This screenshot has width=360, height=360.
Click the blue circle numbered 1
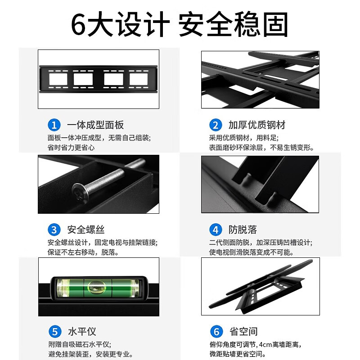point(54,125)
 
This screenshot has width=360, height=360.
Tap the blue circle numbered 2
point(216,125)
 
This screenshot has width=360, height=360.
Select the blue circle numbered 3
point(54,229)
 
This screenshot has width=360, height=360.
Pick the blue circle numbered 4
point(216,229)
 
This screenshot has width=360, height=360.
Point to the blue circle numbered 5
point(55,332)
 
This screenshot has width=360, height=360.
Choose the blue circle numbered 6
point(216,332)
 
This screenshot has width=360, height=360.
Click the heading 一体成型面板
point(95,125)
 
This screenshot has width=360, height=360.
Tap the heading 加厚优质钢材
point(256,125)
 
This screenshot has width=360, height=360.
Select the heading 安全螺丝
point(86,229)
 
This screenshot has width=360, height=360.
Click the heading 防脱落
point(243,229)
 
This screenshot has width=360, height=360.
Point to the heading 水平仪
point(82,332)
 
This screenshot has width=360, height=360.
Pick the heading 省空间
point(243,332)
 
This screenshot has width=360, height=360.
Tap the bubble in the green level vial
point(97,287)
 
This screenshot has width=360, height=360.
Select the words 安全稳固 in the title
point(233,24)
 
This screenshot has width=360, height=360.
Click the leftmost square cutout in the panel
point(58,79)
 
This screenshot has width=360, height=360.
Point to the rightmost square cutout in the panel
point(139,79)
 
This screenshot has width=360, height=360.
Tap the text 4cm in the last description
point(265,344)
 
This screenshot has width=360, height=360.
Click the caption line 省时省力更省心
point(71,148)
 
